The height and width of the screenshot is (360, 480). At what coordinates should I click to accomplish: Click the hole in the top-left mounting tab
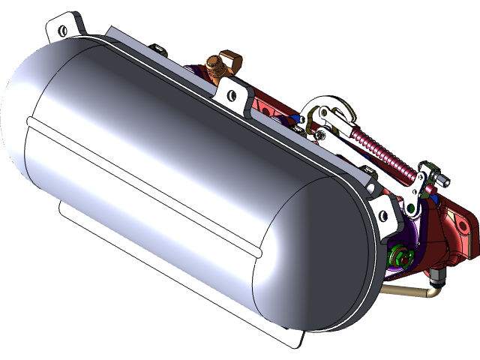[62, 30]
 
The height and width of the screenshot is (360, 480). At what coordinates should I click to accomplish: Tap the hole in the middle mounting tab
[232, 95]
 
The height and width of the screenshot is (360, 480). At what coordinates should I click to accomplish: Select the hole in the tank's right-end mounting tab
[385, 217]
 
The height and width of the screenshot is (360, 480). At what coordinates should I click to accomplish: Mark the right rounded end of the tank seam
[259, 253]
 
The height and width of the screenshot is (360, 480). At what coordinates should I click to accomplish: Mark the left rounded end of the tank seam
[30, 120]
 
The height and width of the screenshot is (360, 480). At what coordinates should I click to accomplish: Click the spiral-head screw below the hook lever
[322, 135]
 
